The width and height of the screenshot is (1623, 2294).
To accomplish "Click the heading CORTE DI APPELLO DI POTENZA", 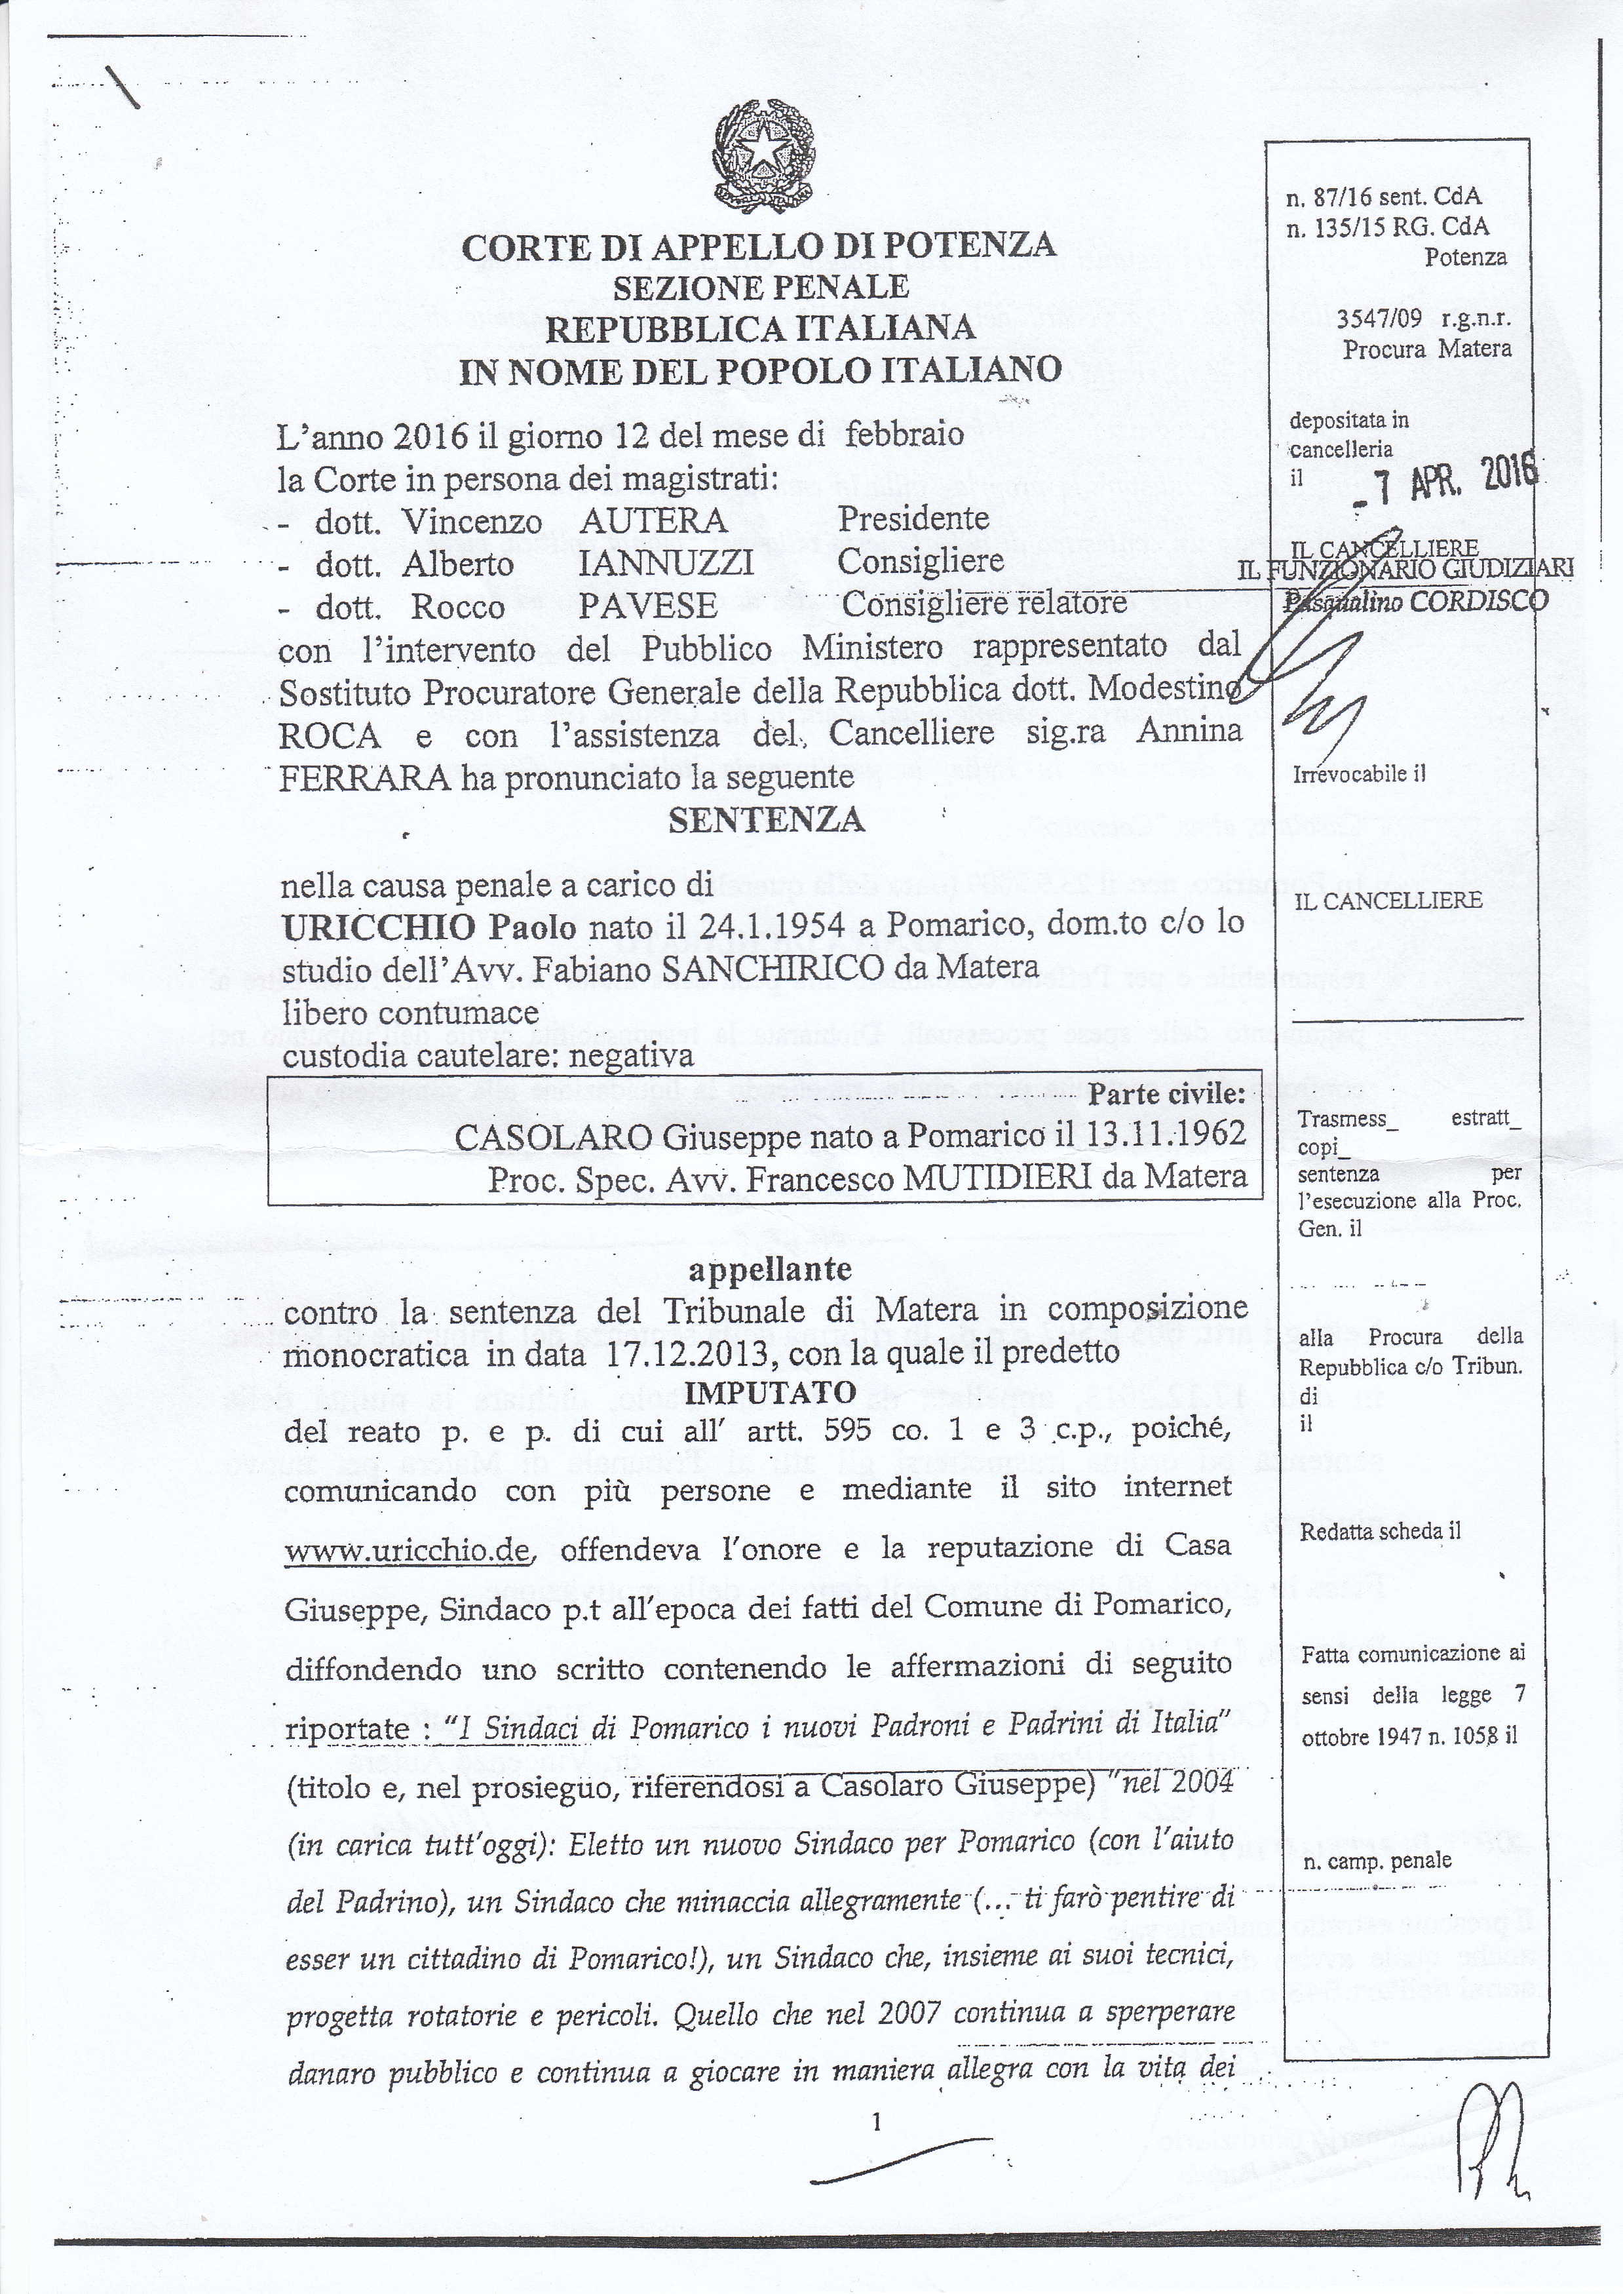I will point(759,246).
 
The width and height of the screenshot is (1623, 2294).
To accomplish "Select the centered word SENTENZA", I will point(765,821).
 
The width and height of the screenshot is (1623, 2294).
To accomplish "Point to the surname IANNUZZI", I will point(666,564).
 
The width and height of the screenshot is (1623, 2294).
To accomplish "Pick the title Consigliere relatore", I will point(984,604).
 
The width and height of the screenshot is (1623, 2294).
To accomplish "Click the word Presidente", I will point(913,518).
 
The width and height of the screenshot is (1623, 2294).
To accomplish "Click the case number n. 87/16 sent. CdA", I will point(1383,197).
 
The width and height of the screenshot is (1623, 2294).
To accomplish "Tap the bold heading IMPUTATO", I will point(771,1392).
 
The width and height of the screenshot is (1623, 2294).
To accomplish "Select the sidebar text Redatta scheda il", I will point(1379,1531).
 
